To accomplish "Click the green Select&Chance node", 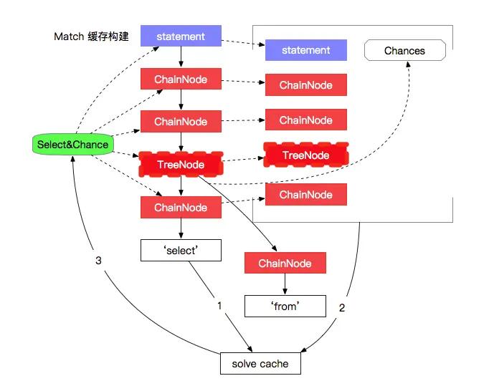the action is click(72, 144).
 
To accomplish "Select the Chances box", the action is click(405, 50).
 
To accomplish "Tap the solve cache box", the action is click(260, 364).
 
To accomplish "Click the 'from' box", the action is click(285, 307).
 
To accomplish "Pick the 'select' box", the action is click(181, 250).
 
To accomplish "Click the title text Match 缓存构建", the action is click(91, 37).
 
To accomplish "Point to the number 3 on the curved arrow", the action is click(98, 261).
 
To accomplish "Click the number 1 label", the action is click(219, 306).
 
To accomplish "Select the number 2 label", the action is click(342, 308).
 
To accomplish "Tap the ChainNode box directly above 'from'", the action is click(285, 263).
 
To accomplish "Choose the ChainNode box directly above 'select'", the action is click(181, 207).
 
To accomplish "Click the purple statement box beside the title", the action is click(181, 36).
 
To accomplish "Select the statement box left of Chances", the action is click(306, 50).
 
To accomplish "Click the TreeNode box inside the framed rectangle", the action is click(306, 155).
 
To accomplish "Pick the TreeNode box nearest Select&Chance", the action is click(181, 164).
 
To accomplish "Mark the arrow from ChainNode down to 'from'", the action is click(285, 284).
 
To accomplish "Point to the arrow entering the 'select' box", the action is click(181, 228).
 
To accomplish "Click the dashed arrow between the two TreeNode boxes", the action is click(243, 159).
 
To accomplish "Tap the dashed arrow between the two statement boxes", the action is click(243, 43).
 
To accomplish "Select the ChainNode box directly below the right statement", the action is click(306, 85).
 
